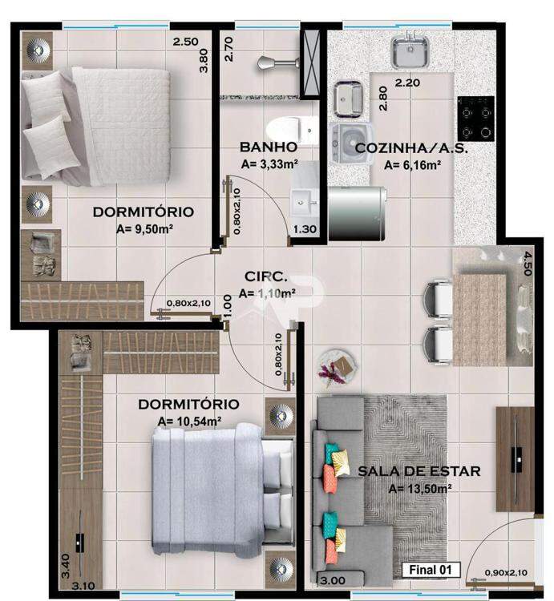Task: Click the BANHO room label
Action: tap(269, 147)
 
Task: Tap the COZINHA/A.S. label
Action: tap(411, 148)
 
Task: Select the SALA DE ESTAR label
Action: tap(419, 471)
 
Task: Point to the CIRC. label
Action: tap(265, 276)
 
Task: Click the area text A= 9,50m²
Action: tap(144, 229)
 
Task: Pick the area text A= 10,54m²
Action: tap(189, 422)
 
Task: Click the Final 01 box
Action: tap(431, 570)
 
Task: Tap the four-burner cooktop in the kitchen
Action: tap(475, 119)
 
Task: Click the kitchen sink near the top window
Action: tap(410, 51)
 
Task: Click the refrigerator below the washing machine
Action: tap(357, 213)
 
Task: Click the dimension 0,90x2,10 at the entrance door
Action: tap(506, 573)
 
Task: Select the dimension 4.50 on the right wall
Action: tap(528, 264)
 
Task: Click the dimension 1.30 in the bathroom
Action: tap(305, 229)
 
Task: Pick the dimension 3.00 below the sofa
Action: tap(333, 581)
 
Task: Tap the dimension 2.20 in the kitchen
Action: tap(407, 83)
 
